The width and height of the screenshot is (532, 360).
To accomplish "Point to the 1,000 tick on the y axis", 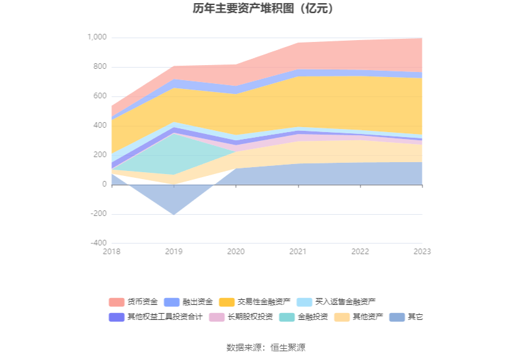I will (x=96, y=38).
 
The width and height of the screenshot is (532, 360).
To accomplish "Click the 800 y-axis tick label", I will (x=100, y=67).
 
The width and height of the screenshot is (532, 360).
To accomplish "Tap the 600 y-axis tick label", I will (x=100, y=96).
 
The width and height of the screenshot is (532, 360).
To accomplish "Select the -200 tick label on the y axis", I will (x=98, y=213).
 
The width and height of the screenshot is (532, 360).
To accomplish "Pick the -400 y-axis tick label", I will (x=98, y=243).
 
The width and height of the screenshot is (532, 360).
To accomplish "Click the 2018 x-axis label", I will (x=112, y=252).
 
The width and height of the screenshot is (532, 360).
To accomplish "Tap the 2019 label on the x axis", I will (x=174, y=252).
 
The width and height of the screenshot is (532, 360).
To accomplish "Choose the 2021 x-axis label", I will (x=298, y=252).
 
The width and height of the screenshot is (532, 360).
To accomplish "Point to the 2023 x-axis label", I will (x=422, y=252).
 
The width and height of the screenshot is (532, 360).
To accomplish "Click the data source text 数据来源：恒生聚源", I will (x=265, y=347).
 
